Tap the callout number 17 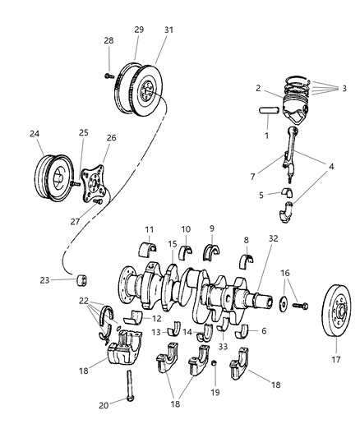[x=335, y=359]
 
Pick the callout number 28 [x=108, y=40]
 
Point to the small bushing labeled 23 [x=82, y=281]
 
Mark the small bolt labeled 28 [x=108, y=74]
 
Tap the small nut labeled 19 [x=213, y=362]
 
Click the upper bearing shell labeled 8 [x=247, y=262]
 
